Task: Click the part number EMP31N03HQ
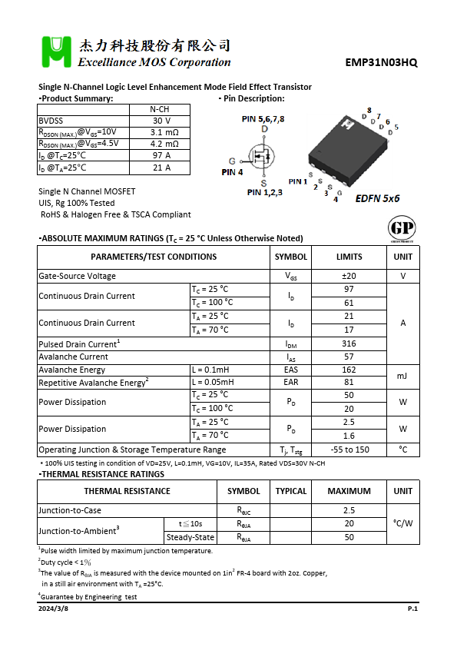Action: click(381, 62)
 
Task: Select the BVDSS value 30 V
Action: click(161, 121)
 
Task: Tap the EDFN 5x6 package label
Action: click(377, 198)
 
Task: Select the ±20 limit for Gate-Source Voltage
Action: click(349, 276)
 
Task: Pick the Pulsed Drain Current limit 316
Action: click(349, 343)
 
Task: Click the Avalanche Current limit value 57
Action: click(349, 357)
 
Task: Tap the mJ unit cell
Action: click(402, 376)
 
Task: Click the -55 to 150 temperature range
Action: click(349, 450)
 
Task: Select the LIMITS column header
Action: click(349, 257)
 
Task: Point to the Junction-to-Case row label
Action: click(71, 510)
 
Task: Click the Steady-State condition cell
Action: click(190, 537)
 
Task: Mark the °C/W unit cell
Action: click(402, 523)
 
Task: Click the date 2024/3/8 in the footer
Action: click(53, 608)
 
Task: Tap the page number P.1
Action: click(412, 608)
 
